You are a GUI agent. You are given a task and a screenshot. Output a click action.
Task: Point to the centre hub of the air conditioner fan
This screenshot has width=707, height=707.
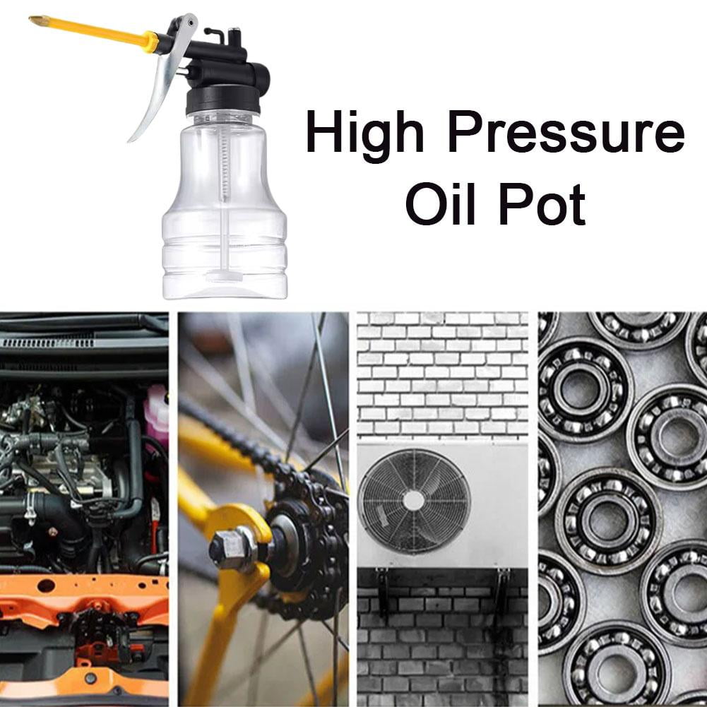414,500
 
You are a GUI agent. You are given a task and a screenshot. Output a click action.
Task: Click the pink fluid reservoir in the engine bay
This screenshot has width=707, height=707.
157,413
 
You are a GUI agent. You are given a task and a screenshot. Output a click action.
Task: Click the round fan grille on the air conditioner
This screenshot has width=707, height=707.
414,500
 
